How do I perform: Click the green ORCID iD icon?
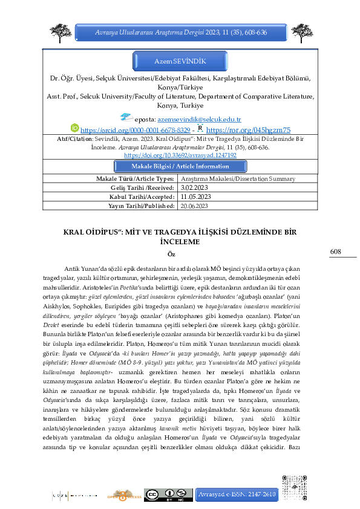click(x=75, y=128)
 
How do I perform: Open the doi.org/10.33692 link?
click(x=180, y=155)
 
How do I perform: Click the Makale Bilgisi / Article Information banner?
click(x=180, y=166)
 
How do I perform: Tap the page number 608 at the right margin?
click(x=336, y=251)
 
